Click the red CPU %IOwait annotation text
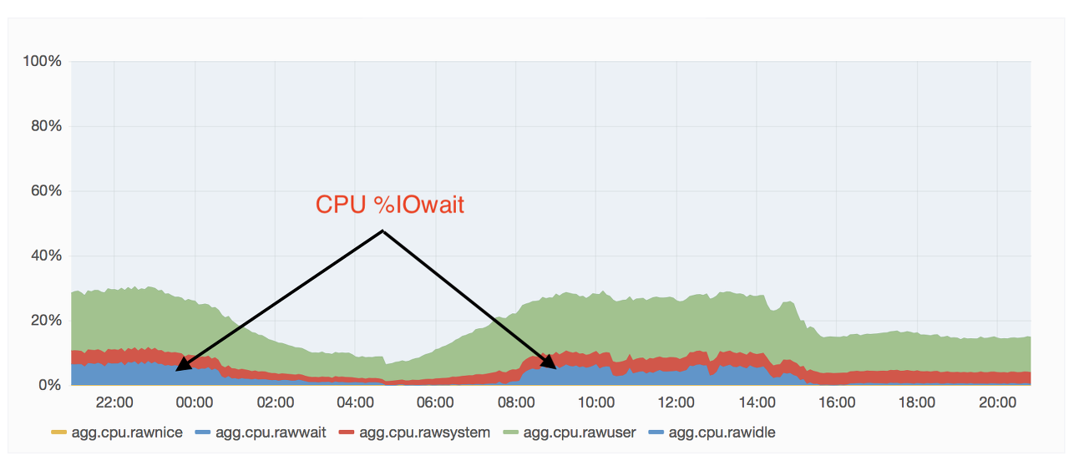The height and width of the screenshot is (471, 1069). pyautogui.click(x=390, y=205)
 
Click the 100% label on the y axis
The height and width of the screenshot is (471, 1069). pyautogui.click(x=43, y=61)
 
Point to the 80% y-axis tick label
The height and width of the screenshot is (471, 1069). pyautogui.click(x=46, y=126)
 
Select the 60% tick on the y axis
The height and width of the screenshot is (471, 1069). pyautogui.click(x=46, y=191)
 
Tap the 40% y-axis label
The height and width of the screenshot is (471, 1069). pyautogui.click(x=46, y=256)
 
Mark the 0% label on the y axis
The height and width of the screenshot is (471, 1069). pyautogui.click(x=50, y=385)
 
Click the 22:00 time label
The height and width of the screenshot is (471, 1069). pyautogui.click(x=114, y=403)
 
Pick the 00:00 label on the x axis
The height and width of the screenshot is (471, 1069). pyautogui.click(x=195, y=403)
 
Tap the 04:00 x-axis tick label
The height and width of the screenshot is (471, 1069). pyautogui.click(x=355, y=403)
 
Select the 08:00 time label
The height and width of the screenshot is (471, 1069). pyautogui.click(x=516, y=403)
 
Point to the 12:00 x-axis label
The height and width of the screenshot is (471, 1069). pyautogui.click(x=676, y=403)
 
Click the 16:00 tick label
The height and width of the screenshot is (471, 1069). pyautogui.click(x=837, y=403)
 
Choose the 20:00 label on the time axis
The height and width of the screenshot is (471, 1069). pyautogui.click(x=997, y=403)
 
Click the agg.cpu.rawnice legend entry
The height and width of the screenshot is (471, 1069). pyautogui.click(x=117, y=433)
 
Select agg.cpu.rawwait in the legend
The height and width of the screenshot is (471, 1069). pyautogui.click(x=261, y=433)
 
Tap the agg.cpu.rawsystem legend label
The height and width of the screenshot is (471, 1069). pyautogui.click(x=415, y=433)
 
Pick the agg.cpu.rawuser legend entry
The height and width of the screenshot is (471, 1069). pyautogui.click(x=570, y=433)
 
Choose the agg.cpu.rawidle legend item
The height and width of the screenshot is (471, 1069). pyautogui.click(x=712, y=433)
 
